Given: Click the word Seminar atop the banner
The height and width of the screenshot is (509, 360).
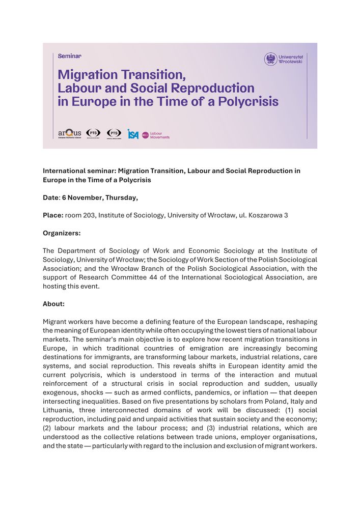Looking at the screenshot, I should pos(70,55).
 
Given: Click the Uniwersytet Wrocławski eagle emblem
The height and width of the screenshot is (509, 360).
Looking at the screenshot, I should pos(270,59).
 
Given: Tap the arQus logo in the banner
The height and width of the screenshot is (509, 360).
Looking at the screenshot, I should pos(70,133).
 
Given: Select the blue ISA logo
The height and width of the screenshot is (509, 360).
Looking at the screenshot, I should pos(133,134).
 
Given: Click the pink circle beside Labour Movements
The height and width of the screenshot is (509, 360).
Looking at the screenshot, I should pos(145,135).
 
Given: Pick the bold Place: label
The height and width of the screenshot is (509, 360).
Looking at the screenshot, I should pos(53,215).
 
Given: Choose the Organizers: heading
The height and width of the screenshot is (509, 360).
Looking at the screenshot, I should pos(62,233).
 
